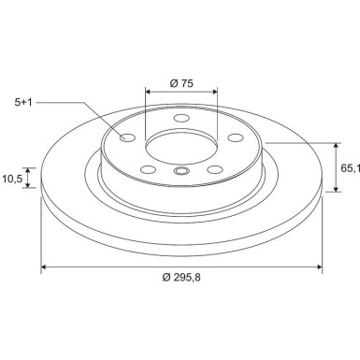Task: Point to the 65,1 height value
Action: (x=350, y=168)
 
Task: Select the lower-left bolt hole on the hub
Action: (x=147, y=169)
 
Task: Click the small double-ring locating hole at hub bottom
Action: (x=180, y=171)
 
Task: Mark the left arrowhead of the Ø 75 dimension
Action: (x=149, y=93)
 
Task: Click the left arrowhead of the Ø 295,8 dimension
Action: (x=44, y=267)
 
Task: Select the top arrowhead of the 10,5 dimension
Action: (x=29, y=169)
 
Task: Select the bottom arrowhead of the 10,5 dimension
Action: (x=29, y=185)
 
